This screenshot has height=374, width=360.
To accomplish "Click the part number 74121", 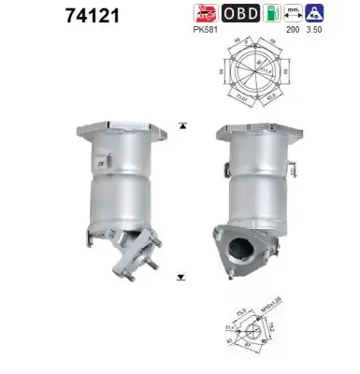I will pos(41,16).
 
